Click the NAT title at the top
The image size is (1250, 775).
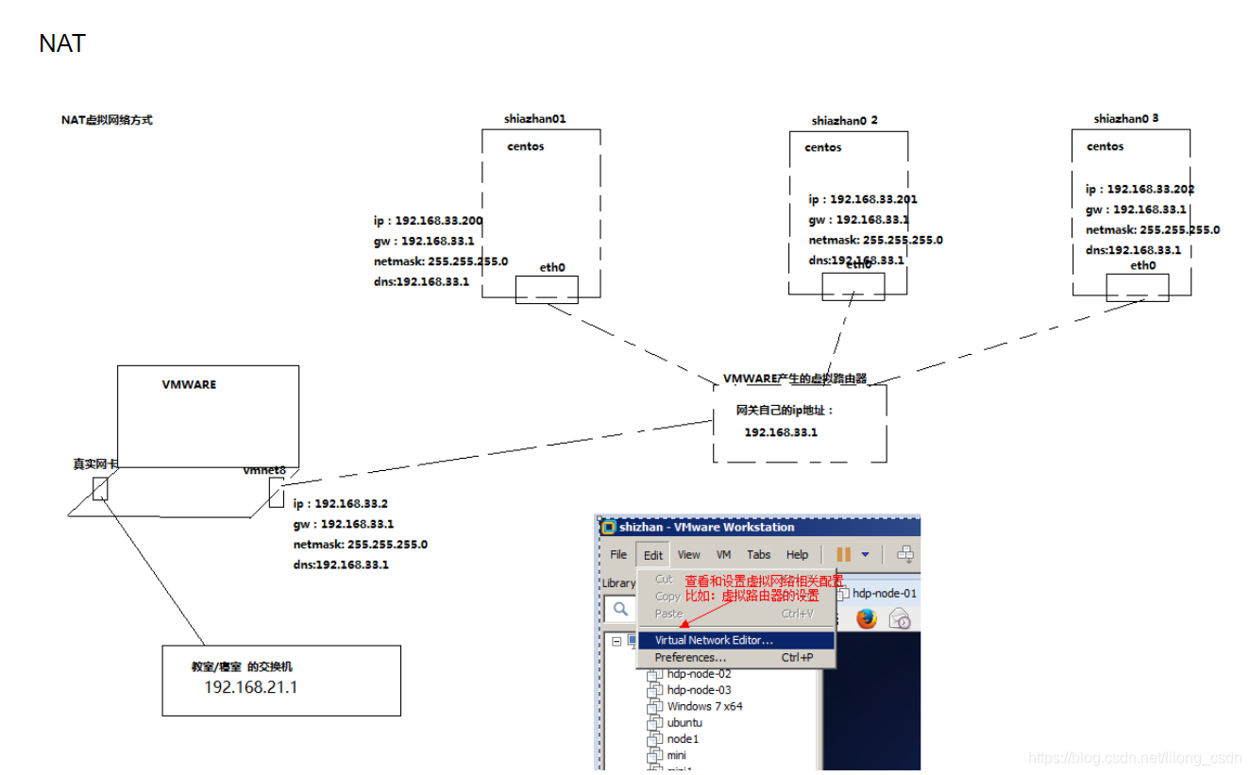[x=62, y=43]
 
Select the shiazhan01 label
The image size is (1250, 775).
[x=535, y=119]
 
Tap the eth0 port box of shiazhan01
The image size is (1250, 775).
[x=546, y=289]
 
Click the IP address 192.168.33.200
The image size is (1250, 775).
[x=439, y=220]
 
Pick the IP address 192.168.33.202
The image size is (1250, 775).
[x=1151, y=189]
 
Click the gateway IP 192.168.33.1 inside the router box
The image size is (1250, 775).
[x=781, y=432]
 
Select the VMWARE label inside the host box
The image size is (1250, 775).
[x=189, y=385]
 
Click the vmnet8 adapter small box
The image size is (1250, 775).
[x=276, y=492]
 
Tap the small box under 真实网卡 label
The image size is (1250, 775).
[x=100, y=489]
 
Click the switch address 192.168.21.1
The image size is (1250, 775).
[x=251, y=687]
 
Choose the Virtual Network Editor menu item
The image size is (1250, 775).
[x=714, y=640]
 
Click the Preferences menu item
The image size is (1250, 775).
[x=690, y=657]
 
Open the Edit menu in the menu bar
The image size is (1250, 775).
[x=653, y=555]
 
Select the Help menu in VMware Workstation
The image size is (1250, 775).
[x=797, y=555]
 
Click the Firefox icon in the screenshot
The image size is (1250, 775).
[x=867, y=618]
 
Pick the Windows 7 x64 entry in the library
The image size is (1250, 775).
[x=704, y=706]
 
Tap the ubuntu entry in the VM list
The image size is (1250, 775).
[x=684, y=722]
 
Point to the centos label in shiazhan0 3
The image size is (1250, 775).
[x=1105, y=146]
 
